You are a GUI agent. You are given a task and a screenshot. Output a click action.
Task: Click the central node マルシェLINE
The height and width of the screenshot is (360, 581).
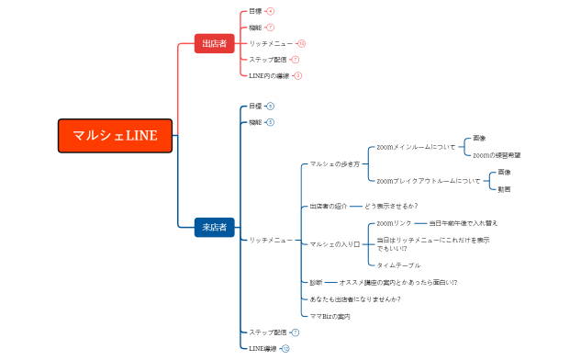(115, 136)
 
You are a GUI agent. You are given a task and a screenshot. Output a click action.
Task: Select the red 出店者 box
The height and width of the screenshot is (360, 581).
(215, 44)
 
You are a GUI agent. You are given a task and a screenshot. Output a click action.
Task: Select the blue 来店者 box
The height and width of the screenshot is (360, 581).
(215, 227)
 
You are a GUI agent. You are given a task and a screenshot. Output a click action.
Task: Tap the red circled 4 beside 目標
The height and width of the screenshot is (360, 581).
(270, 11)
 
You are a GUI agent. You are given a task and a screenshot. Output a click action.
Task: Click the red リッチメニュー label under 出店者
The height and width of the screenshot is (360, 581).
(271, 43)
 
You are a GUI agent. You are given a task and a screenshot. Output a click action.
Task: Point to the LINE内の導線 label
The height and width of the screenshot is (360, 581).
(269, 75)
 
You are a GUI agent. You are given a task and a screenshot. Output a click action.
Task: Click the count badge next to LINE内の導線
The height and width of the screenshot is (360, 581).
(298, 75)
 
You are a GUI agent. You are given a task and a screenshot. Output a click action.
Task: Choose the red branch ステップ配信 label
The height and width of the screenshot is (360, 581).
(267, 59)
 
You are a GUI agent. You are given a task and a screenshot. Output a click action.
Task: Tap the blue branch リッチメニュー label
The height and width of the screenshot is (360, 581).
(271, 240)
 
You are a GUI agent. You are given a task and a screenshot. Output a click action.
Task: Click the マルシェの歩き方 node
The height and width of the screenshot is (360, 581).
(334, 163)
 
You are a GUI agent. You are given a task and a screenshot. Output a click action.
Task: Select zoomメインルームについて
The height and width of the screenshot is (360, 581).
(416, 147)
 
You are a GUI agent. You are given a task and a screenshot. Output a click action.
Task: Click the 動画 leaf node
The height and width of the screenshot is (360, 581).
(504, 189)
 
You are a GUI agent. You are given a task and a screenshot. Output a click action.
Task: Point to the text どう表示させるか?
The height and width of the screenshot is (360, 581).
(391, 206)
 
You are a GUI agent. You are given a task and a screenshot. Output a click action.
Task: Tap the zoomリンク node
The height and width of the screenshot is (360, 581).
(395, 223)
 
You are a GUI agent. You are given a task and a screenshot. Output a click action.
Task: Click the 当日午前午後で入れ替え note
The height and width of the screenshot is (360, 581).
(464, 223)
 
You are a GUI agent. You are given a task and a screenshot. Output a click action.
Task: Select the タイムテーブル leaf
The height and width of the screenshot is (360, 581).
(398, 265)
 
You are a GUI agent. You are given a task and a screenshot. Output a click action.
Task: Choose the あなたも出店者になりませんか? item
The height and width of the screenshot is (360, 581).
(355, 299)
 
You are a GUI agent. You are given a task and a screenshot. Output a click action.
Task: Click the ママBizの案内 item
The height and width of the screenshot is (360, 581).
(330, 316)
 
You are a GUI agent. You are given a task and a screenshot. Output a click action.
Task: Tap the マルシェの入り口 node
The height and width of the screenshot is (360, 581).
(334, 244)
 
